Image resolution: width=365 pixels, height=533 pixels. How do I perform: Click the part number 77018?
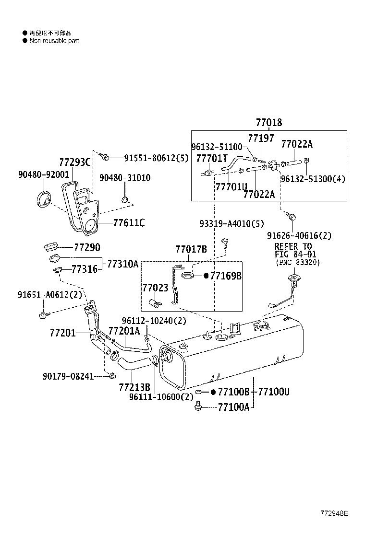[x=268, y=123]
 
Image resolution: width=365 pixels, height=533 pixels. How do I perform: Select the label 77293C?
[x=74, y=162]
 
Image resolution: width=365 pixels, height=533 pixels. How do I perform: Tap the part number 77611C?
[x=129, y=223]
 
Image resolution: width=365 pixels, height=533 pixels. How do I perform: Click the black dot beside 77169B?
[x=206, y=276]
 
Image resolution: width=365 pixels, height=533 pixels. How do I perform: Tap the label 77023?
[x=155, y=288]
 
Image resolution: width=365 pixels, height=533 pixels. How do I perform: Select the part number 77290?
[x=87, y=247]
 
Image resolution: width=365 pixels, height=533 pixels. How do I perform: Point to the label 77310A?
[x=122, y=264]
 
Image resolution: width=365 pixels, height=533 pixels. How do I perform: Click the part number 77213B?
[x=134, y=387]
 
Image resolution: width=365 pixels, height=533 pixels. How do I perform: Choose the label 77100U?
[x=274, y=392]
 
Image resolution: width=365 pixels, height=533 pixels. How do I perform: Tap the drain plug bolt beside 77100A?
[x=197, y=407]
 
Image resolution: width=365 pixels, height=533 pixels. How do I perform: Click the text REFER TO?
[x=293, y=246]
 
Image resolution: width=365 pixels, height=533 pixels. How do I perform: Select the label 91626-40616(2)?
[x=299, y=235]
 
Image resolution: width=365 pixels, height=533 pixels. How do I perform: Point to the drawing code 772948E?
[x=334, y=513]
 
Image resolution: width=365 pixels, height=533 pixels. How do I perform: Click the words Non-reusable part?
[x=54, y=41]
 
